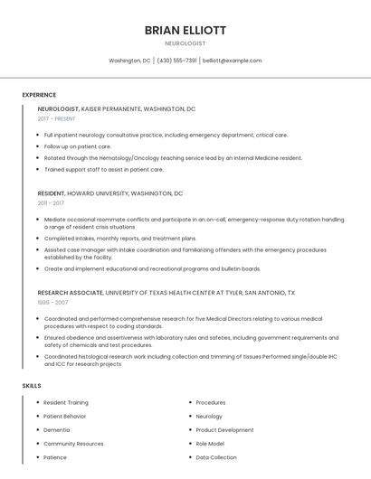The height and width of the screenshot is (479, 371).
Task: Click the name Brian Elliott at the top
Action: (x=185, y=30)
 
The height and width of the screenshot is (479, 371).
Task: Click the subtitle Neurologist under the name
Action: (x=185, y=43)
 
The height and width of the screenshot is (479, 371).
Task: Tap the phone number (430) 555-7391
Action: (x=177, y=61)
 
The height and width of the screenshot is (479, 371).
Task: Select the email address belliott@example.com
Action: (x=233, y=61)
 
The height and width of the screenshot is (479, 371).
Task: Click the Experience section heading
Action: (x=39, y=95)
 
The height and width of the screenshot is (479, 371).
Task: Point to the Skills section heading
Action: (x=32, y=386)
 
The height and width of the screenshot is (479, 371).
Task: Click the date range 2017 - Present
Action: (x=57, y=119)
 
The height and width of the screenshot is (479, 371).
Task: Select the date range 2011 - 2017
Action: (x=51, y=203)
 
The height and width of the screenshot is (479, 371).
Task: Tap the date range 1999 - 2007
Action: (x=52, y=303)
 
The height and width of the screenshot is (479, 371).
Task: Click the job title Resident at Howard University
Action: (x=51, y=193)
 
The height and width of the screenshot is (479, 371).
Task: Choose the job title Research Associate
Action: (x=70, y=293)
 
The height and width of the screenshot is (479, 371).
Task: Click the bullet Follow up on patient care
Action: (x=78, y=146)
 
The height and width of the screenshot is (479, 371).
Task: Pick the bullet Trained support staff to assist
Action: (x=103, y=169)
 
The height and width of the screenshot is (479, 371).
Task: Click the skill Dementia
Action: (x=56, y=430)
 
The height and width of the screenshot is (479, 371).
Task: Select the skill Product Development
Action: (x=224, y=430)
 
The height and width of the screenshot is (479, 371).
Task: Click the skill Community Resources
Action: (x=73, y=444)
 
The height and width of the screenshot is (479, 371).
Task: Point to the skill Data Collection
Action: (x=216, y=457)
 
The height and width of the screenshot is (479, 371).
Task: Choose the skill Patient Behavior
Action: (x=65, y=416)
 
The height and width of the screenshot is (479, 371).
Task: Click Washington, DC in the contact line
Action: (x=129, y=61)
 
